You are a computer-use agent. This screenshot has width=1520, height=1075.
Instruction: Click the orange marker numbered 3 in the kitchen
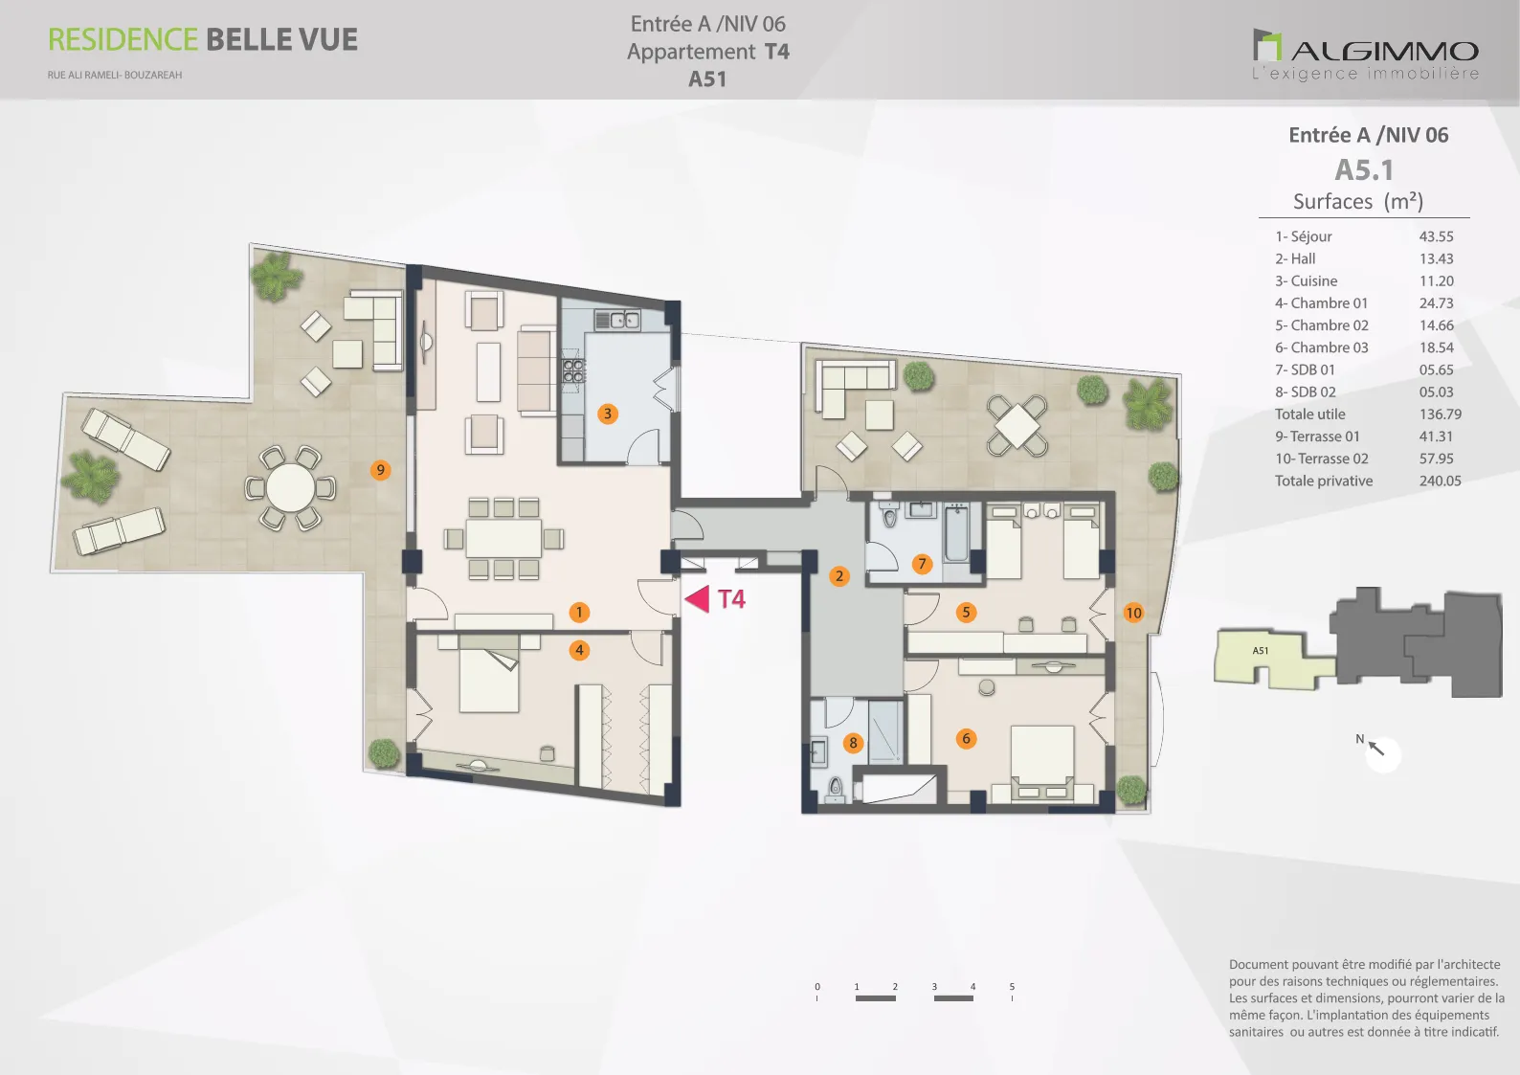[x=607, y=414]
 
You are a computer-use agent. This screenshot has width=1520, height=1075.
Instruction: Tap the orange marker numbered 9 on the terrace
[x=380, y=470]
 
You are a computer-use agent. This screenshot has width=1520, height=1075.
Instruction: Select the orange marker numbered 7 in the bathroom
[x=922, y=563]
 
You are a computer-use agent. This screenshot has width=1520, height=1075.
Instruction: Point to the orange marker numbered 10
[x=1133, y=613]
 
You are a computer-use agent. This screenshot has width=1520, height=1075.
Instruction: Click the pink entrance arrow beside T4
[x=699, y=598]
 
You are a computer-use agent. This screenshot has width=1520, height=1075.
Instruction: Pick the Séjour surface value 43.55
[x=1436, y=236]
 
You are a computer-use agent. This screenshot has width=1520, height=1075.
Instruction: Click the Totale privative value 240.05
[x=1440, y=482]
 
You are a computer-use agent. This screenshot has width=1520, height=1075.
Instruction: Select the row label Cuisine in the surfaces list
[x=1313, y=281]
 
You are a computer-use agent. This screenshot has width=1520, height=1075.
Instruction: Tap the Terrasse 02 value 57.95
[x=1436, y=459]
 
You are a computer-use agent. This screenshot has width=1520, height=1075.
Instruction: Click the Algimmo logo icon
[x=1267, y=45]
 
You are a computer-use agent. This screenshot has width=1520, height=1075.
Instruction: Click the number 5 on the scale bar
[x=1012, y=987]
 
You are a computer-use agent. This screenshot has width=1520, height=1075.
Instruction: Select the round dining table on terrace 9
[x=290, y=487]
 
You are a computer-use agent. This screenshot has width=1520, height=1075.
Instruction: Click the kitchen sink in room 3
[x=616, y=319]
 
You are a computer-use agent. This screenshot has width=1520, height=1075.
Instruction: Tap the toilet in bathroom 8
[x=836, y=790]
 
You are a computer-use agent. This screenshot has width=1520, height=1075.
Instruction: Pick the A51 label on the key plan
[x=1260, y=651]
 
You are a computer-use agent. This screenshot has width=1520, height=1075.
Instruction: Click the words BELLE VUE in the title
[x=281, y=39]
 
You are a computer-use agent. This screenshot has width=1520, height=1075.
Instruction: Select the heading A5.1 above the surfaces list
[x=1364, y=169]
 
